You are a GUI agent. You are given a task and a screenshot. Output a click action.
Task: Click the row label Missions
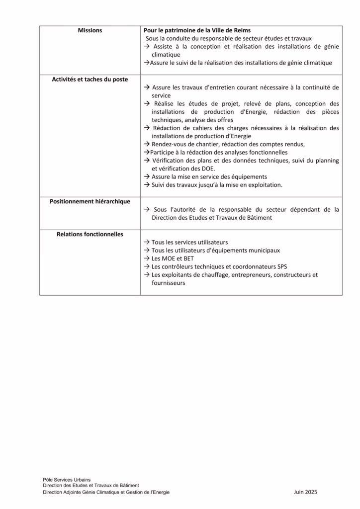coord(90,30)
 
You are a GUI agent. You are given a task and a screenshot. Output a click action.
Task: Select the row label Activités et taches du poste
coord(90,79)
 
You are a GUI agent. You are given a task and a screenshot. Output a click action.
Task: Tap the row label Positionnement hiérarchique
coord(90,201)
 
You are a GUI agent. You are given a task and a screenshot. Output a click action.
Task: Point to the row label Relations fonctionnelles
coord(90,234)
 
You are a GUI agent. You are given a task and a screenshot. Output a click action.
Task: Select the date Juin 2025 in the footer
coord(305,492)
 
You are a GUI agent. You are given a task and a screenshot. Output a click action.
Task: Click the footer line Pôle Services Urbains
coord(67,479)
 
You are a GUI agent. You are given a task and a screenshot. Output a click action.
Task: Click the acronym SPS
coord(282,266)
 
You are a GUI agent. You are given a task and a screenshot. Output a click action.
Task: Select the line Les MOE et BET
coord(173,258)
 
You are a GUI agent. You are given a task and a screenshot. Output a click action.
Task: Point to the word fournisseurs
coord(169,282)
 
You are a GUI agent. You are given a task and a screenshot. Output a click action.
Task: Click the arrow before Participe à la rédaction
coord(147,153)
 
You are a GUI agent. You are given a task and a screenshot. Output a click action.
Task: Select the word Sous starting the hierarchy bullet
coord(160,209)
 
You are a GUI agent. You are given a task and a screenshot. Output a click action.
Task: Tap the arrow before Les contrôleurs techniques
coord(147,266)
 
